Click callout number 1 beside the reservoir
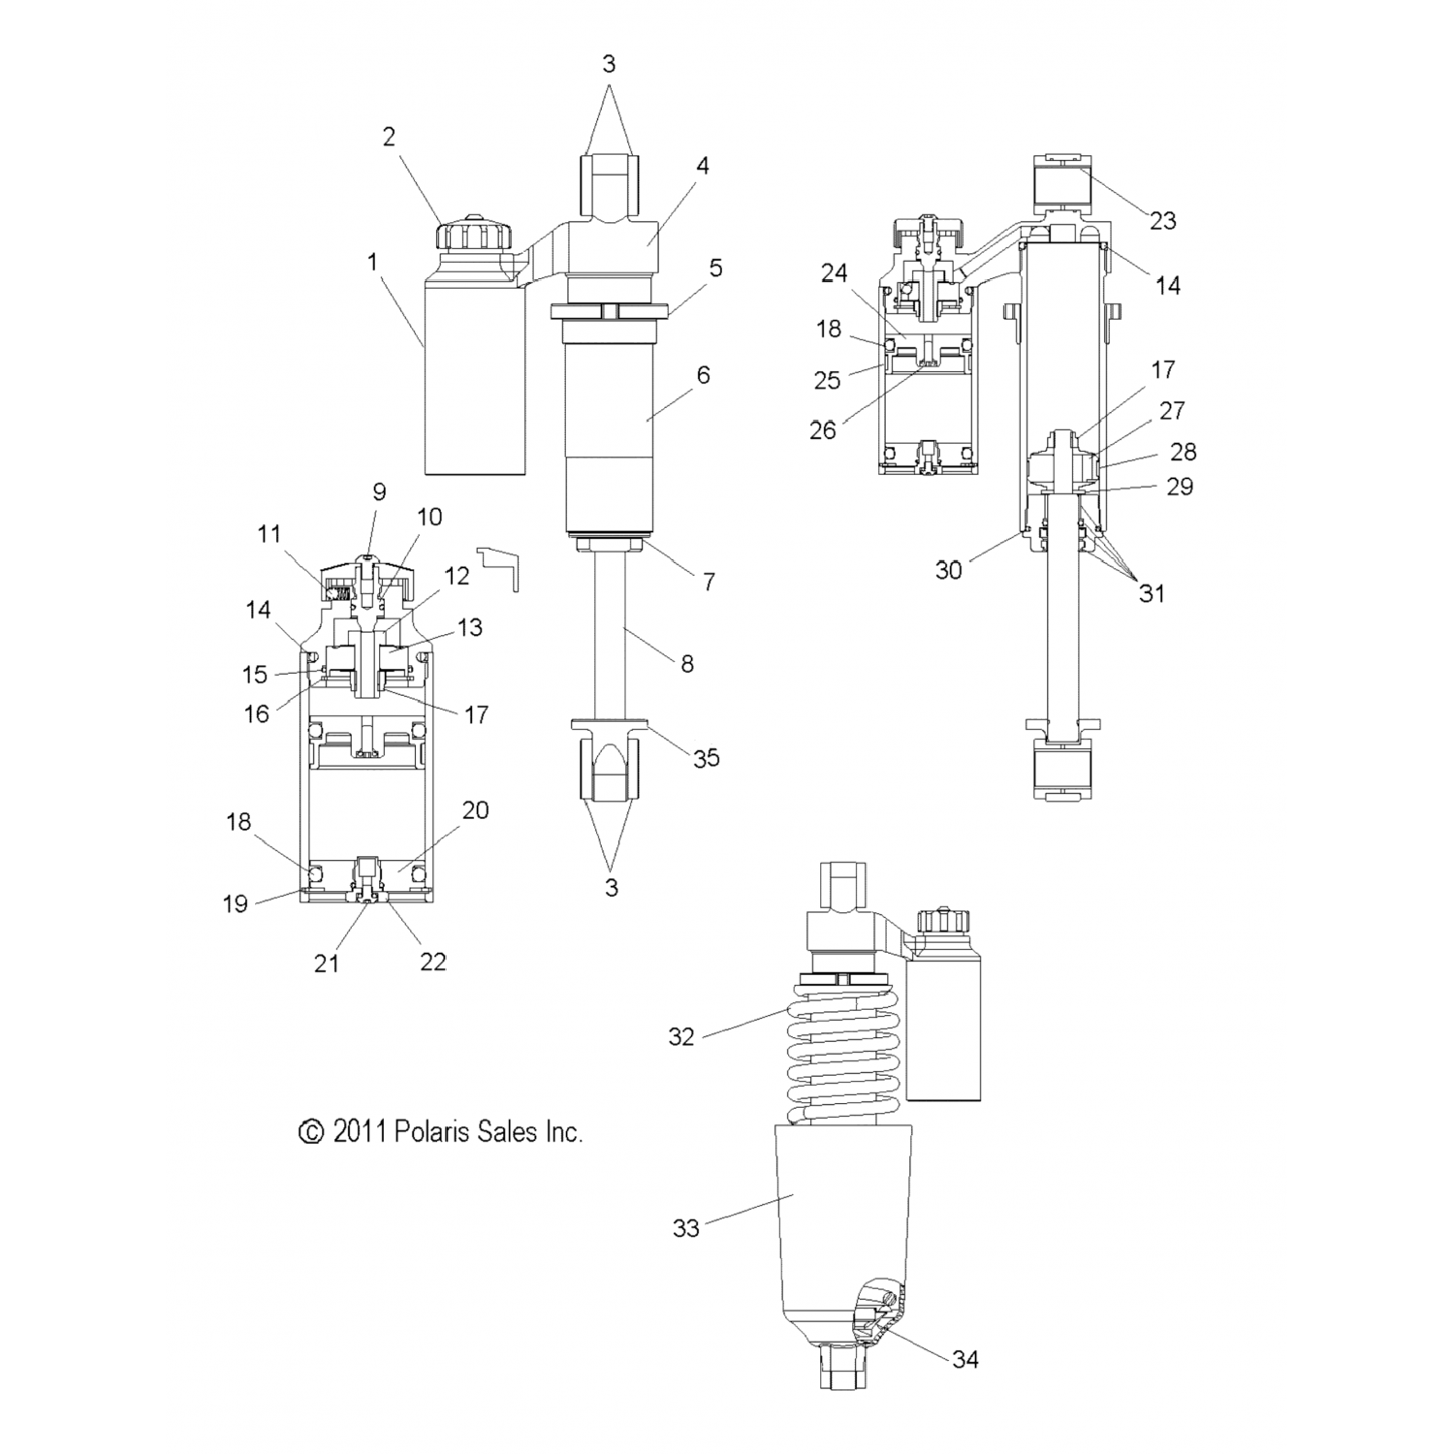point(373,263)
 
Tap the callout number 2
point(389,137)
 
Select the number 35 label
point(707,758)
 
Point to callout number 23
point(1163,221)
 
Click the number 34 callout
point(965,1359)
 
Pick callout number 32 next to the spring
point(681,1036)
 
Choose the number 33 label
point(686,1228)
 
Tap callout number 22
point(432,962)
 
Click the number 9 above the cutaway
point(379,491)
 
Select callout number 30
point(949,570)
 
